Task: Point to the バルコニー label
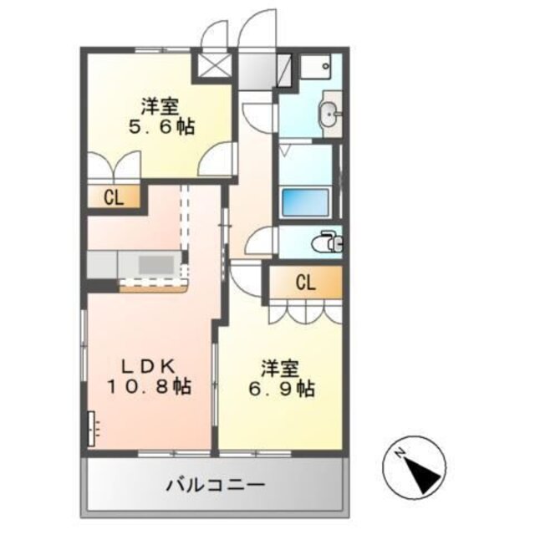point(215,485)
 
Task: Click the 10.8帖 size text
point(149,386)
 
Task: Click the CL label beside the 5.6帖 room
point(114,198)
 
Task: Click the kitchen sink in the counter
point(155,265)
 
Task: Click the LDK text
point(148,365)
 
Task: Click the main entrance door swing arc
point(257,29)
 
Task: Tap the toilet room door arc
point(262,242)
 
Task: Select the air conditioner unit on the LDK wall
point(93,429)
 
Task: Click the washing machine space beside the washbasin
point(316,65)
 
